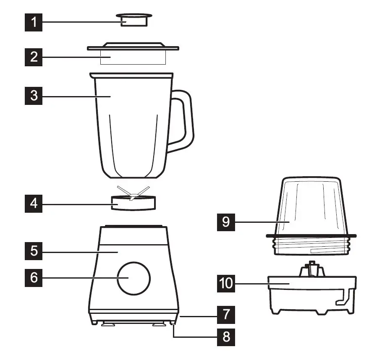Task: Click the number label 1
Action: point(34,22)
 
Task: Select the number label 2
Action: point(34,57)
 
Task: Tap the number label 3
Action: point(34,96)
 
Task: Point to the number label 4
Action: point(34,204)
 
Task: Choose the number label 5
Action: point(34,251)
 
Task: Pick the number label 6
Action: point(34,278)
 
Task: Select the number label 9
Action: point(226,221)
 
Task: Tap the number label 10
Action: point(226,283)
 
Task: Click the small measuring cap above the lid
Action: point(134,19)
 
